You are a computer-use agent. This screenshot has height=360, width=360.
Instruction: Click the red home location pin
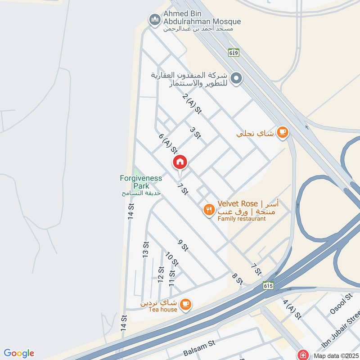tap(180, 162)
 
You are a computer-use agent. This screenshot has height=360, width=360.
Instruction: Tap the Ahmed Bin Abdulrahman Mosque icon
tap(155, 20)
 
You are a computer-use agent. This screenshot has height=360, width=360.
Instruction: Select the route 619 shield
tap(233, 52)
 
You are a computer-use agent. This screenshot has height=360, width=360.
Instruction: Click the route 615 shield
tap(268, 285)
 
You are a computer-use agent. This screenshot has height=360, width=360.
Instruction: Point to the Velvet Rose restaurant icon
tap(208, 209)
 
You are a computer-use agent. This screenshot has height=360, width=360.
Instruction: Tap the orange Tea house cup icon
tap(185, 305)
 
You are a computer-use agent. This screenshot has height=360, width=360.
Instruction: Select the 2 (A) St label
tap(191, 104)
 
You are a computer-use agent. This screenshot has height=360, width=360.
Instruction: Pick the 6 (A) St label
tap(166, 143)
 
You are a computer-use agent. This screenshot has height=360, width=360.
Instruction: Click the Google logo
tap(19, 353)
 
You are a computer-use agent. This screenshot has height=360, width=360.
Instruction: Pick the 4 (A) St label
tap(291, 309)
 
